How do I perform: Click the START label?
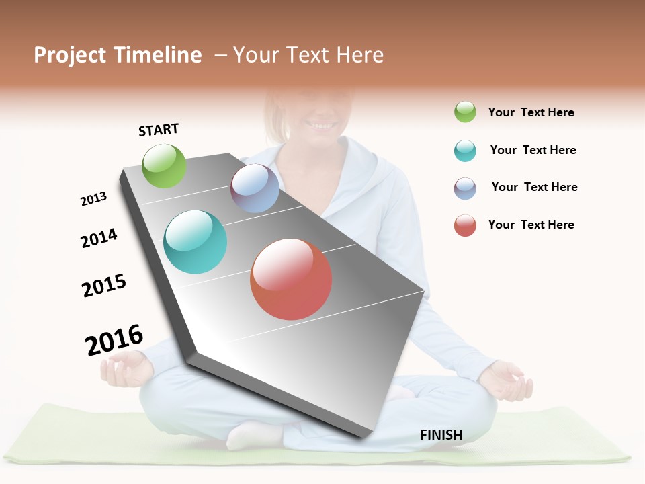point(159,130)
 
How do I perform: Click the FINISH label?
point(441,435)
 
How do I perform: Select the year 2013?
point(93,199)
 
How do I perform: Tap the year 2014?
point(99,238)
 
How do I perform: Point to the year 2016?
point(114,340)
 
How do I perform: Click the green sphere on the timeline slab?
point(164,165)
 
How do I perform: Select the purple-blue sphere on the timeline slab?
point(255,188)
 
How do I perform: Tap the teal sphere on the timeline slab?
point(195,242)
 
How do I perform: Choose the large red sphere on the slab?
point(291,279)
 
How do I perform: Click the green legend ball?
point(465,112)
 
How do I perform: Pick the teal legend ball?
point(465,151)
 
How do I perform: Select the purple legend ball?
point(465,188)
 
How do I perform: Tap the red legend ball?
point(465,225)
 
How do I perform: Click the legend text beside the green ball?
point(531,112)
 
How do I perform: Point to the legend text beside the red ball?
point(531,225)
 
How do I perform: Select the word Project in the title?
point(70,55)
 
